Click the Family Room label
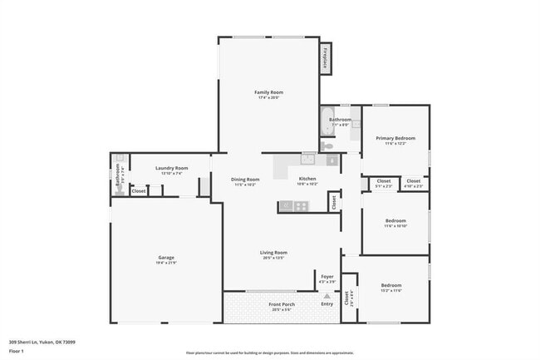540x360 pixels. tap(269, 92)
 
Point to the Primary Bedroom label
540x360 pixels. tap(395, 138)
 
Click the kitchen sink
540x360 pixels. tap(308, 158)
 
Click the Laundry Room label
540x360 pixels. tap(172, 168)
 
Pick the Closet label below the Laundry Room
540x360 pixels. tap(139, 190)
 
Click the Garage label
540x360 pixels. tap(166, 258)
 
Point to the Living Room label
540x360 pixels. tap(273, 253)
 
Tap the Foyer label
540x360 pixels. tap(327, 278)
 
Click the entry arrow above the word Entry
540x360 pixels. tap(327, 294)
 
